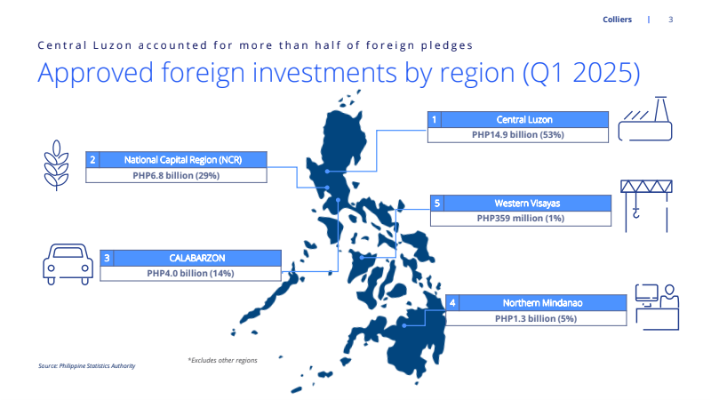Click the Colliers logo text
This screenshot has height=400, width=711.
tap(617, 20)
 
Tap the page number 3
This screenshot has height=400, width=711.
tap(671, 20)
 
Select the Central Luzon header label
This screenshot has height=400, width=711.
tap(524, 120)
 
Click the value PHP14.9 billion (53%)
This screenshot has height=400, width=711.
tap(518, 135)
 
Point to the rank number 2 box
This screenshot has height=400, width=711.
tap(92, 160)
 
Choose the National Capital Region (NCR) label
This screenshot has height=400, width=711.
tap(183, 160)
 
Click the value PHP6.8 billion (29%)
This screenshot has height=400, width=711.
tap(176, 175)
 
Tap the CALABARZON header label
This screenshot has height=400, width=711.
tap(196, 258)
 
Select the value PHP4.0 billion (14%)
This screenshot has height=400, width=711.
tap(190, 274)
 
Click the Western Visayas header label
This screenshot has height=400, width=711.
tap(527, 204)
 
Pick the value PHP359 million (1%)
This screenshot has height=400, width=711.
tap(521, 218)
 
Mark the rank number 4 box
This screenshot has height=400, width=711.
tap(452, 303)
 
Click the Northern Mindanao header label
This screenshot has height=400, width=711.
tap(542, 303)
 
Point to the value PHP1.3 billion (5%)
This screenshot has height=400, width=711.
tap(536, 319)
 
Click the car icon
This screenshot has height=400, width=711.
tap(68, 264)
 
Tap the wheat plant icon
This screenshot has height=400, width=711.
tap(56, 165)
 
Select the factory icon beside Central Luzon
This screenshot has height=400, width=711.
tap(645, 119)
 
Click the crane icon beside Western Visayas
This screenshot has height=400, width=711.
tap(646, 206)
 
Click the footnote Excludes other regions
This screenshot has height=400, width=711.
tap(223, 360)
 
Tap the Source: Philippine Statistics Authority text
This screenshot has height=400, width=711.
tap(86, 365)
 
